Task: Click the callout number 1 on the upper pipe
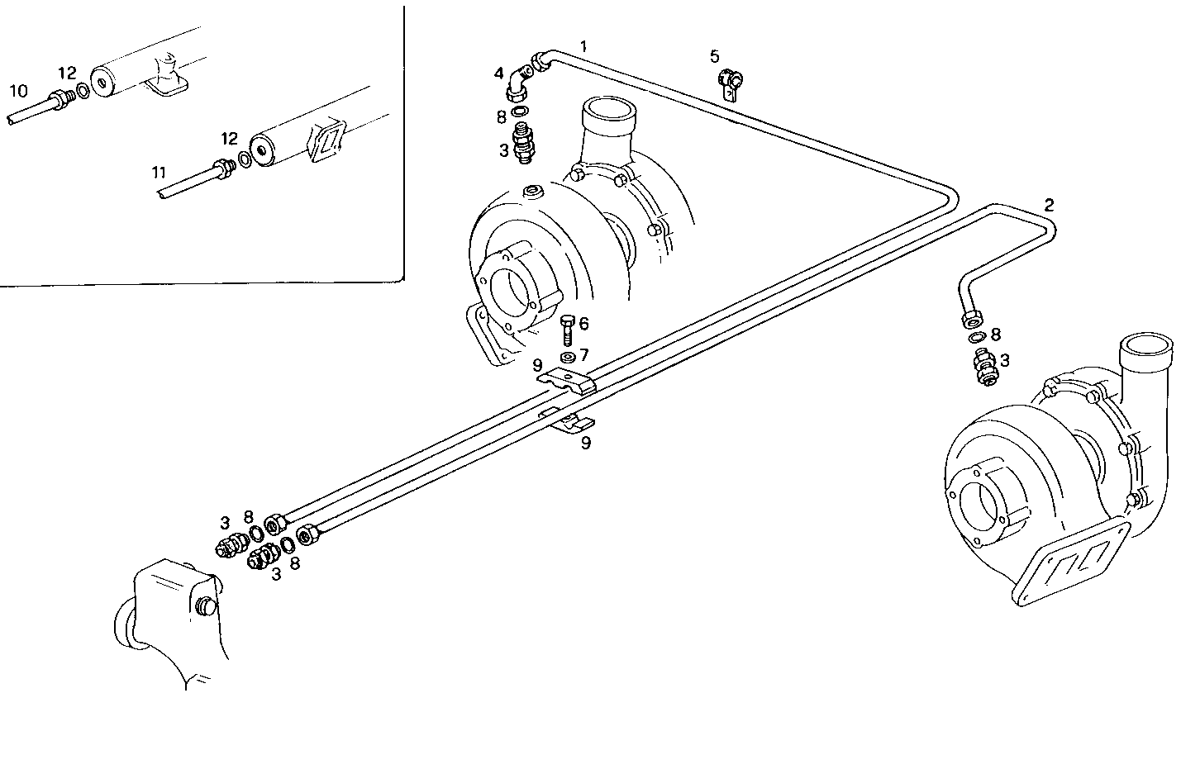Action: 583,46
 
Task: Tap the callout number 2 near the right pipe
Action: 1049,204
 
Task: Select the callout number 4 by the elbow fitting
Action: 499,74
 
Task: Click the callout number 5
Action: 714,56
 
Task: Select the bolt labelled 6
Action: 566,330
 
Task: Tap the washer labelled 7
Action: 567,357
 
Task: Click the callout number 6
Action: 583,323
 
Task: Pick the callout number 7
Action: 583,355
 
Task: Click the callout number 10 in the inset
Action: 18,89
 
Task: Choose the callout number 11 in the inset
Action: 159,173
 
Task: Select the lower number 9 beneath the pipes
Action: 585,443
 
